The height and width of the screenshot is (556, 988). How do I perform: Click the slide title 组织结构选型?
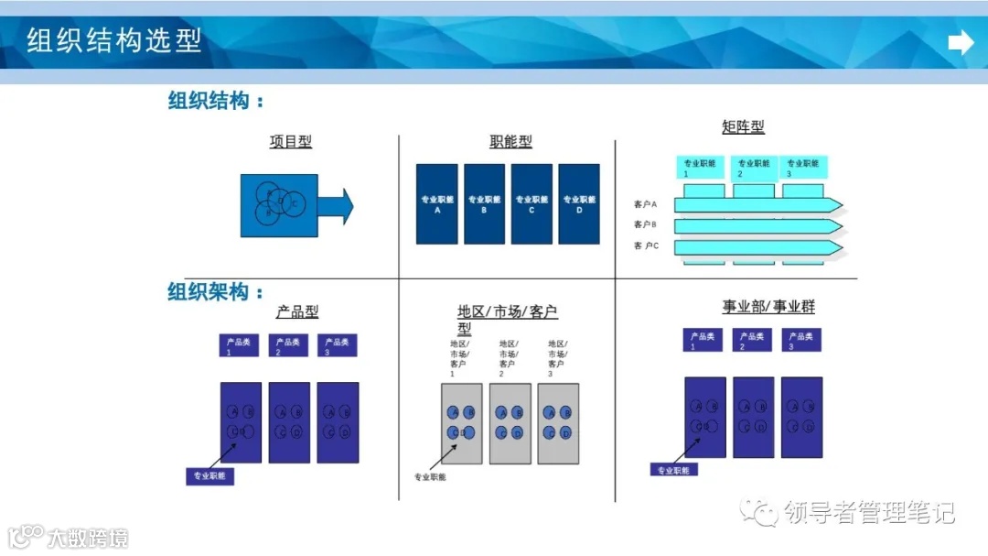[x=114, y=41]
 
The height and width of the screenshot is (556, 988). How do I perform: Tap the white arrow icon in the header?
[x=961, y=42]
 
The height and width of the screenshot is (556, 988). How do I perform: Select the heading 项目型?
[x=291, y=142]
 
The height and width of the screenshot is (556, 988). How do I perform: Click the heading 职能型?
[x=510, y=142]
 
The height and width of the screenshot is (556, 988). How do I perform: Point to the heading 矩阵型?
[x=743, y=127]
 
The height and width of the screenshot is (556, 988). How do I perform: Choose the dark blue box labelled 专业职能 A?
[x=437, y=204]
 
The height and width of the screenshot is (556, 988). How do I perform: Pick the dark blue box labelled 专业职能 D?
[x=579, y=204]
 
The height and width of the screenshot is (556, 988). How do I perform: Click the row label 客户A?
[x=646, y=204]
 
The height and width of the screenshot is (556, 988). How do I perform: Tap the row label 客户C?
[x=646, y=246]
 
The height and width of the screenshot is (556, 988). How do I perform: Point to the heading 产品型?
[x=297, y=312]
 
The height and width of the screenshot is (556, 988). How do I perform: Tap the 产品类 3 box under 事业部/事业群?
[x=801, y=340]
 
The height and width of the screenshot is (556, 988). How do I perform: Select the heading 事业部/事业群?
[x=768, y=307]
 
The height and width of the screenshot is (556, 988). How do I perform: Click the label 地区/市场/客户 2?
[x=508, y=358]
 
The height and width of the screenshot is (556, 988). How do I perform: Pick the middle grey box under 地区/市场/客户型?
[x=510, y=423]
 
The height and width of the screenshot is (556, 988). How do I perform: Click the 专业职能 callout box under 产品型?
[x=209, y=476]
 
